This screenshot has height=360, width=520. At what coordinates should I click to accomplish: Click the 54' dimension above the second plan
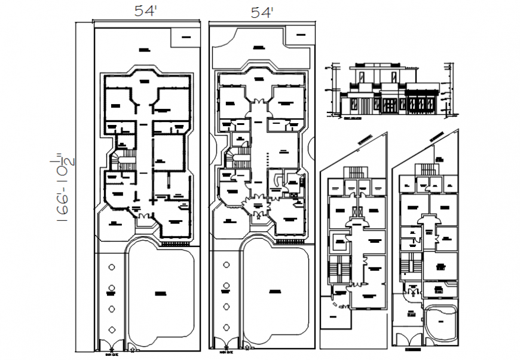point(261,12)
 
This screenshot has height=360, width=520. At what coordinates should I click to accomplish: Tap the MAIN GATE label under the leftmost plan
point(109,354)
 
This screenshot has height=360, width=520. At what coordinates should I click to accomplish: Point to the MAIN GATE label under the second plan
point(225,354)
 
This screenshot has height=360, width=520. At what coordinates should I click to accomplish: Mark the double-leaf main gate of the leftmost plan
point(110,346)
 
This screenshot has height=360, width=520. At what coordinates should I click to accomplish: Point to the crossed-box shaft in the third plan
point(358,212)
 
